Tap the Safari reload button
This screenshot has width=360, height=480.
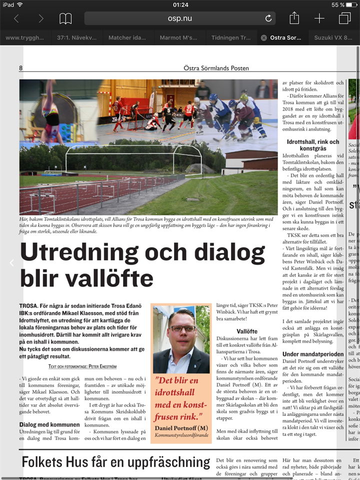pos(268,18)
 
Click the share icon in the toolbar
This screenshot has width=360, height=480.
pos(294,18)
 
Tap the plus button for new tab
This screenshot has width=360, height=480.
pos(319,18)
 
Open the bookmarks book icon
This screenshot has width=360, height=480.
pos(65,18)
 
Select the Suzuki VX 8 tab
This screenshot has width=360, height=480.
pos(334,37)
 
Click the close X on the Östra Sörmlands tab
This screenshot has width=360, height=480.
pos(263,37)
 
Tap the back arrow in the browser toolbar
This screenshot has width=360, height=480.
pos(16,18)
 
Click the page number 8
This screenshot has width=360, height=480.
pos(21,68)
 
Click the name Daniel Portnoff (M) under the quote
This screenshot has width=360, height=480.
pos(181,428)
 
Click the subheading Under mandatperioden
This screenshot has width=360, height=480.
pos(312,354)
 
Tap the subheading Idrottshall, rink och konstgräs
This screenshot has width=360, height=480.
pos(313,145)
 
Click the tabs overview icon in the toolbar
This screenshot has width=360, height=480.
pos(344,18)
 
